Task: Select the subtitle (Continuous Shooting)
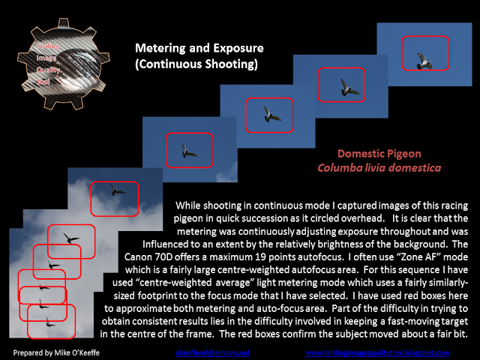(x=196, y=64)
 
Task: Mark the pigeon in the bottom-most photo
(x=49, y=323)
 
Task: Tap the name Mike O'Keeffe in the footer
(x=72, y=352)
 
